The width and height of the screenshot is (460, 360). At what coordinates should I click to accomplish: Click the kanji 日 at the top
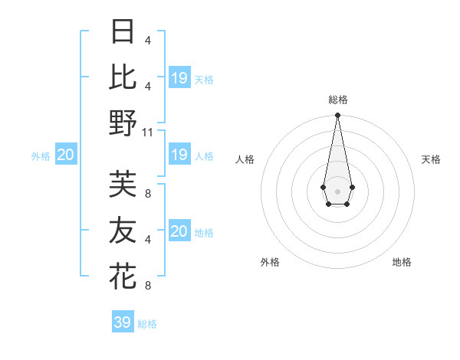click(x=123, y=31)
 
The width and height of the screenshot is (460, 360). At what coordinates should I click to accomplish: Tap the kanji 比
click(x=123, y=77)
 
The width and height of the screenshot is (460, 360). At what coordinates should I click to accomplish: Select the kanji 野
click(x=123, y=123)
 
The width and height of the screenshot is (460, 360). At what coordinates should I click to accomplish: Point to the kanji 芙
click(x=123, y=184)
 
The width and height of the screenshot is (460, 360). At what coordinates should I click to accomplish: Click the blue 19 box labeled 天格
click(x=179, y=78)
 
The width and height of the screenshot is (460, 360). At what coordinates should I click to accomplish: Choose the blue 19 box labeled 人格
click(x=179, y=155)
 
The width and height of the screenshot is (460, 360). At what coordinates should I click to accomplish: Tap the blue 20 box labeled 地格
click(x=179, y=231)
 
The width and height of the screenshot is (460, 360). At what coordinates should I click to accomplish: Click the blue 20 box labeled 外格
click(x=65, y=155)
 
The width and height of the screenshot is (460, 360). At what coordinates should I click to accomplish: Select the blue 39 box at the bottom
click(x=122, y=322)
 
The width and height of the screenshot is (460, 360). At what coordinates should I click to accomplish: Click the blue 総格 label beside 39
click(x=147, y=324)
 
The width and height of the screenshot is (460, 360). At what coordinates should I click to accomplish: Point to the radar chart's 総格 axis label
click(x=337, y=100)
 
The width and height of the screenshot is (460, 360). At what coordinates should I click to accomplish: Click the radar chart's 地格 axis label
click(x=402, y=262)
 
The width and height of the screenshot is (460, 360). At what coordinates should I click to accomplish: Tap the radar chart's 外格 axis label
click(x=270, y=262)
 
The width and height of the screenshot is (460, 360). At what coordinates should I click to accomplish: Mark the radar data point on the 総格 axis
click(x=337, y=116)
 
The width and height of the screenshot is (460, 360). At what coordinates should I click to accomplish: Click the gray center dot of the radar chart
click(x=337, y=190)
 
